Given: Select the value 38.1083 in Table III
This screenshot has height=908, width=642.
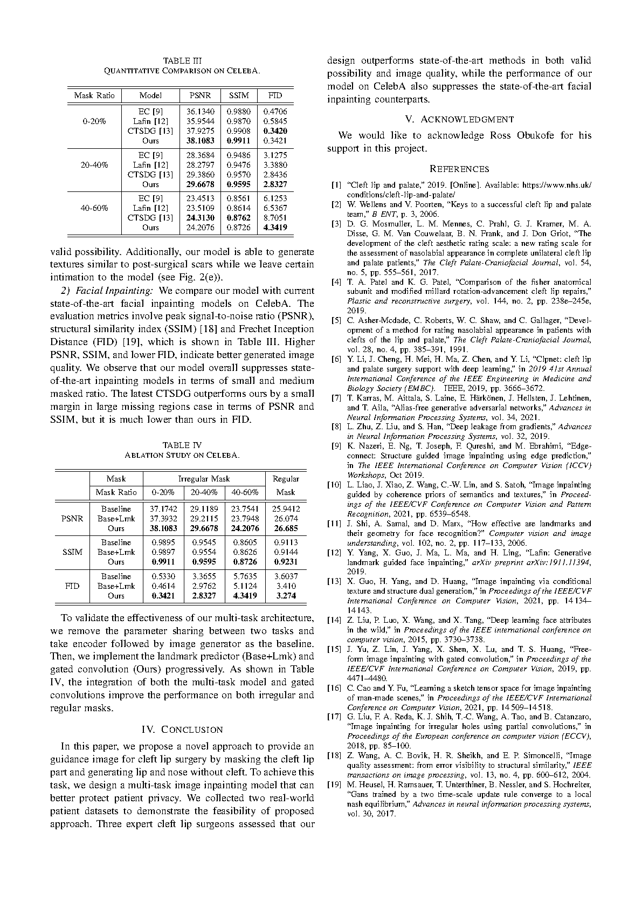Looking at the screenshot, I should (x=200, y=141).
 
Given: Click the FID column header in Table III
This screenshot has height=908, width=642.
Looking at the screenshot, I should (x=275, y=95).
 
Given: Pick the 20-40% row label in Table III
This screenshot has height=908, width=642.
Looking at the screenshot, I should (x=94, y=165).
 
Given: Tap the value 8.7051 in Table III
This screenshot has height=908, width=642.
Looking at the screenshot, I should (x=275, y=218).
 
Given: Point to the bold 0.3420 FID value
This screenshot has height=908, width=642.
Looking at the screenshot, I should (x=275, y=131).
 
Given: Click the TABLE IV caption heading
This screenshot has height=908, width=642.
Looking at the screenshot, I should (x=182, y=445).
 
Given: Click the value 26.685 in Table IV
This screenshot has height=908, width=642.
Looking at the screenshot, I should (x=286, y=528).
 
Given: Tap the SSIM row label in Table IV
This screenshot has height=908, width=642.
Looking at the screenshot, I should (x=72, y=552).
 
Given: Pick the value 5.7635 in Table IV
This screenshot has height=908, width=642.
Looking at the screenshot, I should (x=245, y=576).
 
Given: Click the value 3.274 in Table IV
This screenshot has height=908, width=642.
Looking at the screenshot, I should (x=286, y=596).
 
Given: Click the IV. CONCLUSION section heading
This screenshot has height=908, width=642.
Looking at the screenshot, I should (x=182, y=730).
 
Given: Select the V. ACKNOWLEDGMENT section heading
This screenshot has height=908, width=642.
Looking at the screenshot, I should (x=459, y=119).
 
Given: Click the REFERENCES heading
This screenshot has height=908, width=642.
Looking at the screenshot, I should (x=459, y=169).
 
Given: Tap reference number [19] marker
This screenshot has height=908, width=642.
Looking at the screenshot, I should (x=335, y=784).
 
